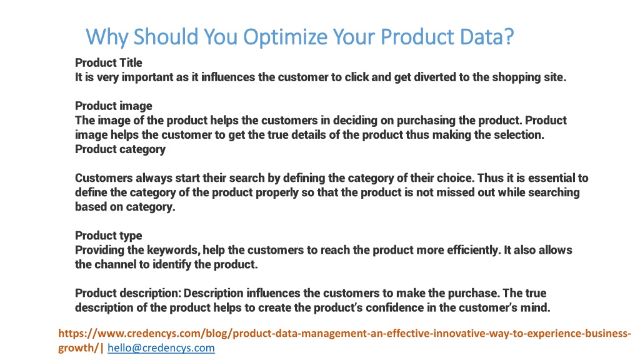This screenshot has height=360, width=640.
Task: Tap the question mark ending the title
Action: pos(509,37)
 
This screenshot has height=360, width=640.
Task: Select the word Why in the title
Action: pos(107,37)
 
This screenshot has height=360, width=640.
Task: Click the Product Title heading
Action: pos(109,62)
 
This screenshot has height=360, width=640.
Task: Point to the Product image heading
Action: pos(114,106)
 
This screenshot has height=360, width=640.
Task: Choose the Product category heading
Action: pos(121,149)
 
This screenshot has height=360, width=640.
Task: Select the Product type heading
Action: pos(109,236)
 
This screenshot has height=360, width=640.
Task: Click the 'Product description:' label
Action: pos(127,293)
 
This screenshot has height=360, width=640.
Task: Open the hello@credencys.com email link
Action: pos(161,347)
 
